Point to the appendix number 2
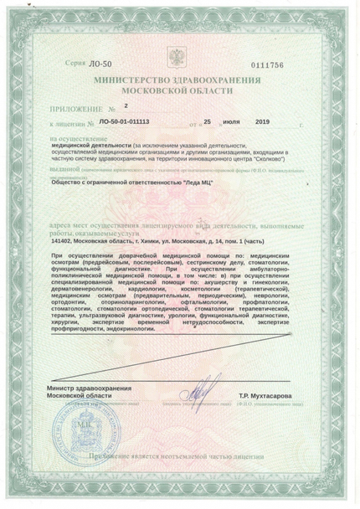pos(126,106)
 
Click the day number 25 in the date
pos(214,121)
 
